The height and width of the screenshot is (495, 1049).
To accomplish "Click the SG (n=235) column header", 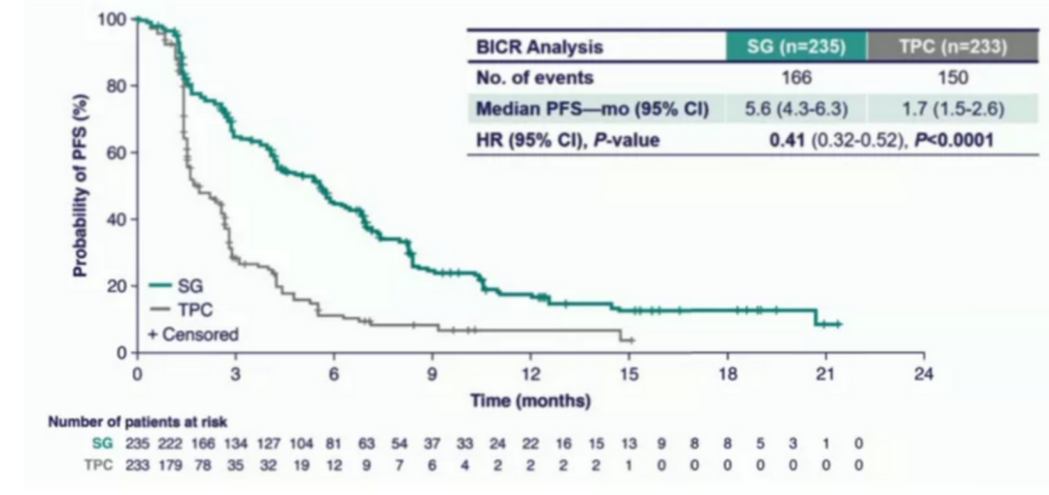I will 795,47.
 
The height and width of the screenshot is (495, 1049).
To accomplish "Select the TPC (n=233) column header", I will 937,47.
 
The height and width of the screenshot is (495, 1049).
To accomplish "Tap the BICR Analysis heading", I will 539,47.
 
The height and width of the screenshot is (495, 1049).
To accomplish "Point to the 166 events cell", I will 795,78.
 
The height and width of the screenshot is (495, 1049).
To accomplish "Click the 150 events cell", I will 937,78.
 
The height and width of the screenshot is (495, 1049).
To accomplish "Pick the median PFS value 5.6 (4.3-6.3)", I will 795,109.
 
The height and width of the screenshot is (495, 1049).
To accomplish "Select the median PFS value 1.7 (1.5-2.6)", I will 937,109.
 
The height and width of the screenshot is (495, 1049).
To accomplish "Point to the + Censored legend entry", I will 193,334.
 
